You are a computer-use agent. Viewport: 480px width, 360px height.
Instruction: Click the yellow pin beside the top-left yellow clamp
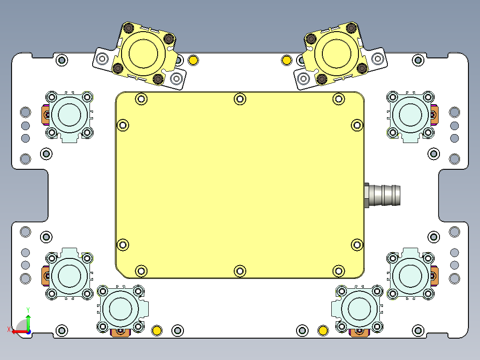193,60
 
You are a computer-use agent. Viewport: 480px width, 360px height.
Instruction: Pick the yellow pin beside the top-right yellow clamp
287,60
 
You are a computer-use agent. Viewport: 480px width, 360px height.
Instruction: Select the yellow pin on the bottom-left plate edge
157,330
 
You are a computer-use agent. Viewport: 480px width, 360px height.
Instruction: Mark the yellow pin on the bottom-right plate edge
323,330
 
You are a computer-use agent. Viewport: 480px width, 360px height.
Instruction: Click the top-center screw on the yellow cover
240,99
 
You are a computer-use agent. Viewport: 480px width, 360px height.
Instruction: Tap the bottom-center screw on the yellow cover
240,270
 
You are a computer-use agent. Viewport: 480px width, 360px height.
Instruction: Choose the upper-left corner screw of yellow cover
141,99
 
